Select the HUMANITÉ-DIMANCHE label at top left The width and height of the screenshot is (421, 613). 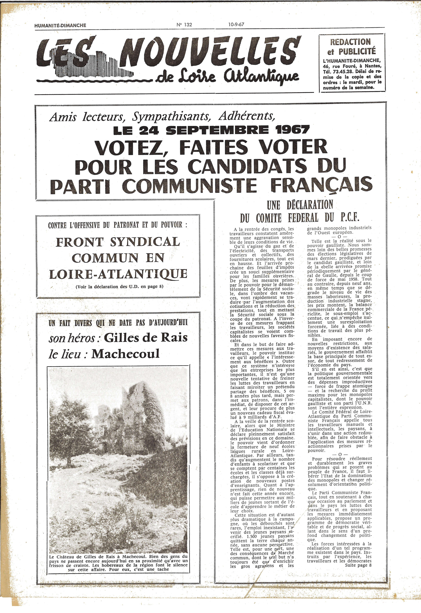pos(60,25)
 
